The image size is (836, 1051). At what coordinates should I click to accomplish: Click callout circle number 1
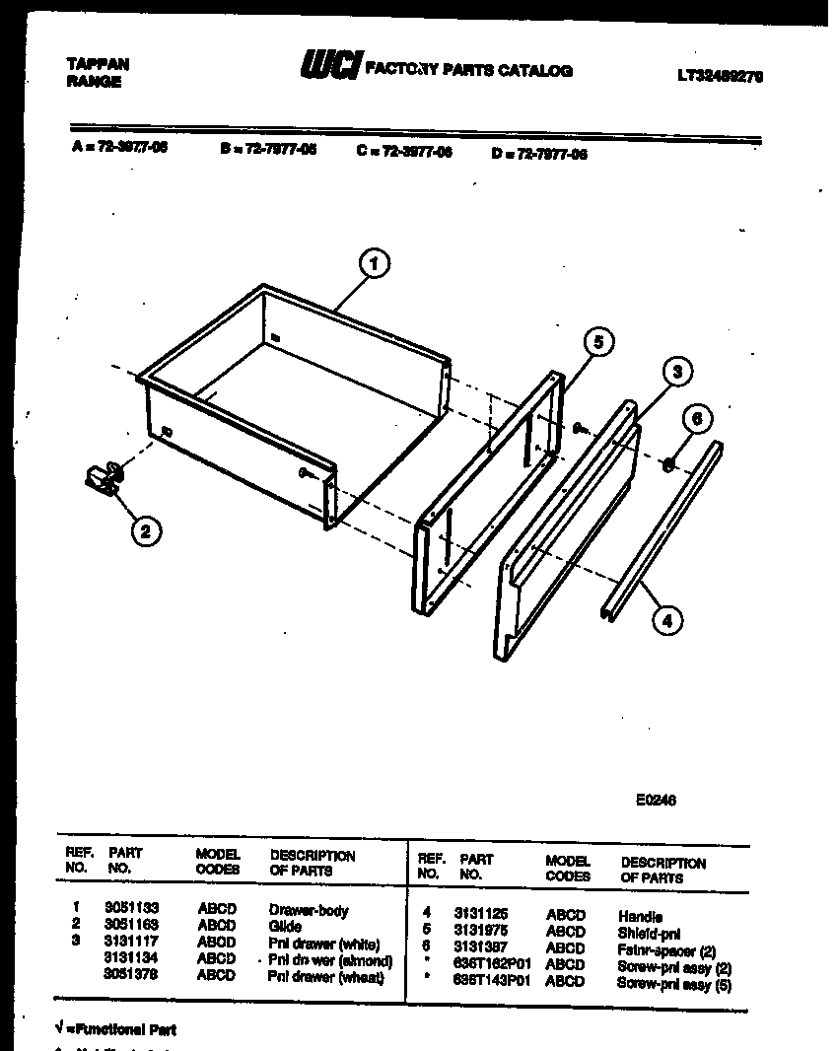click(373, 263)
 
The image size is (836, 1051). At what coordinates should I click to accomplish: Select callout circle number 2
click(145, 531)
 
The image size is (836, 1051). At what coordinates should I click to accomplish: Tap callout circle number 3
click(675, 372)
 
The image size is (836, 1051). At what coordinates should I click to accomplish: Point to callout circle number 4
click(667, 621)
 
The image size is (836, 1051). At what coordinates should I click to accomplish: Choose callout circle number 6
click(696, 418)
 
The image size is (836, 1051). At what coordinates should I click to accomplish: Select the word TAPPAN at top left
click(97, 64)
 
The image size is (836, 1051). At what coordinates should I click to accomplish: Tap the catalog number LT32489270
click(720, 75)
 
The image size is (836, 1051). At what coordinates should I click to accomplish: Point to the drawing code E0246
click(656, 801)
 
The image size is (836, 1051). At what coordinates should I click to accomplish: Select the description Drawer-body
click(309, 911)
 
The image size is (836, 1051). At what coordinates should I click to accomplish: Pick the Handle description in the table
click(640, 916)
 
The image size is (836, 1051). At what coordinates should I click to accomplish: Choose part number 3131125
click(480, 915)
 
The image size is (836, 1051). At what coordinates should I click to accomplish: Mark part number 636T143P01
click(492, 982)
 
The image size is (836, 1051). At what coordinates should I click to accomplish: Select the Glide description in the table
click(285, 927)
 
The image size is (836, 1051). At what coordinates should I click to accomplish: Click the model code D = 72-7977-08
click(538, 154)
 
